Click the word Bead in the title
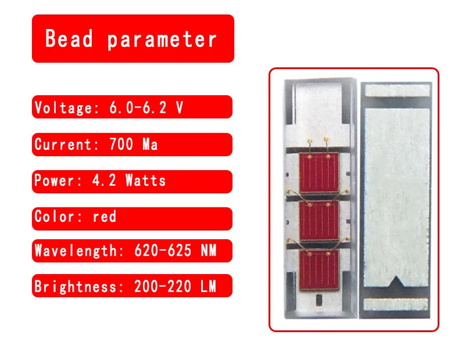(x=69, y=39)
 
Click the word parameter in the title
(x=162, y=39)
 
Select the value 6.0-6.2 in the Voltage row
(x=137, y=107)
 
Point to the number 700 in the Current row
(x=121, y=145)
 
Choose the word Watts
(x=145, y=181)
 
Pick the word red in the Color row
(x=105, y=217)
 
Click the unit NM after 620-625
(x=208, y=251)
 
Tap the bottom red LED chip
(x=319, y=269)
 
